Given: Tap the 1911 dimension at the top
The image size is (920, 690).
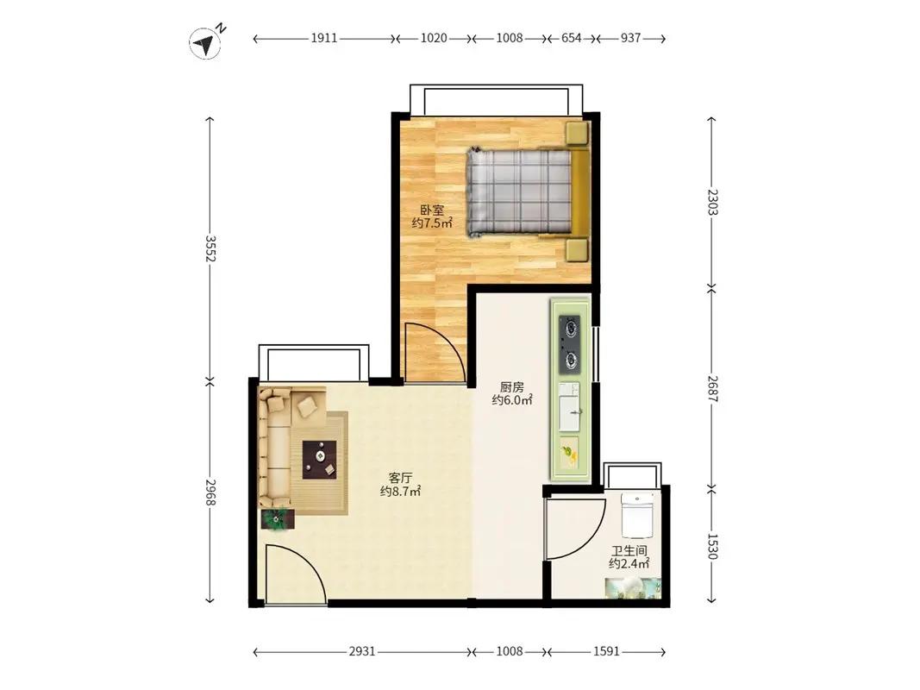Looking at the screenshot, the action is click(324, 38).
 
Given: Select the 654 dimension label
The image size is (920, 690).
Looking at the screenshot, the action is click(571, 38).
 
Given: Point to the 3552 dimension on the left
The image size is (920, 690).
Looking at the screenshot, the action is click(210, 248).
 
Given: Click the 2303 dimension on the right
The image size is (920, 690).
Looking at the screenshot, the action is click(711, 201).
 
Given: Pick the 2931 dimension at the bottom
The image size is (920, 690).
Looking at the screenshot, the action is click(362, 651).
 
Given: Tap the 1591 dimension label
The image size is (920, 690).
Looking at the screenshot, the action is click(606, 651).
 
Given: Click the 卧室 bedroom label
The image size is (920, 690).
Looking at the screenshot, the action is click(432, 210).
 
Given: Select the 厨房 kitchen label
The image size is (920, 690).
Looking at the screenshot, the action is click(511, 386).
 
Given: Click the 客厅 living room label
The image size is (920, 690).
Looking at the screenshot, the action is click(400, 478).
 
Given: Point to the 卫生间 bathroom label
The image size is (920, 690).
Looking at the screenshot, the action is click(629, 551).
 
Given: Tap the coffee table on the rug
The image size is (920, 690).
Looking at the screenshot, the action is click(320, 460).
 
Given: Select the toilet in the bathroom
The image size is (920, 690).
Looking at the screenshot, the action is click(637, 515).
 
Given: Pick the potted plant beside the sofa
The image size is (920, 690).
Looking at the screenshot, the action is click(278, 518).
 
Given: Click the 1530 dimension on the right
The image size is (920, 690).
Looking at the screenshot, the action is click(711, 546).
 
